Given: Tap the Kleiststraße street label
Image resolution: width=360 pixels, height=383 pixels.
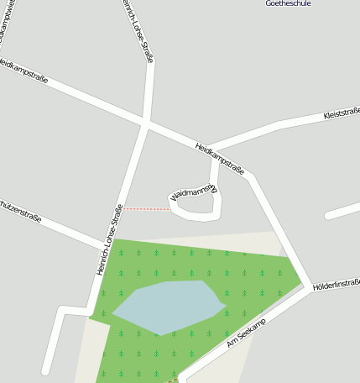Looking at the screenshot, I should pos(341,114).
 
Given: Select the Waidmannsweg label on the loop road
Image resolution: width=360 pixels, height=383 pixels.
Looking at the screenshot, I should pos(193,193).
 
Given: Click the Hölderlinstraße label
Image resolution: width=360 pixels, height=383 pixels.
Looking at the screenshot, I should pos(336,286).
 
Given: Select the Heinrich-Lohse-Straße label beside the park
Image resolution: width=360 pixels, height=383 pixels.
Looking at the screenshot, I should pos(110,239).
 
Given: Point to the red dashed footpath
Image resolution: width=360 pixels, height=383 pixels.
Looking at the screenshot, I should pos(147,208).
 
